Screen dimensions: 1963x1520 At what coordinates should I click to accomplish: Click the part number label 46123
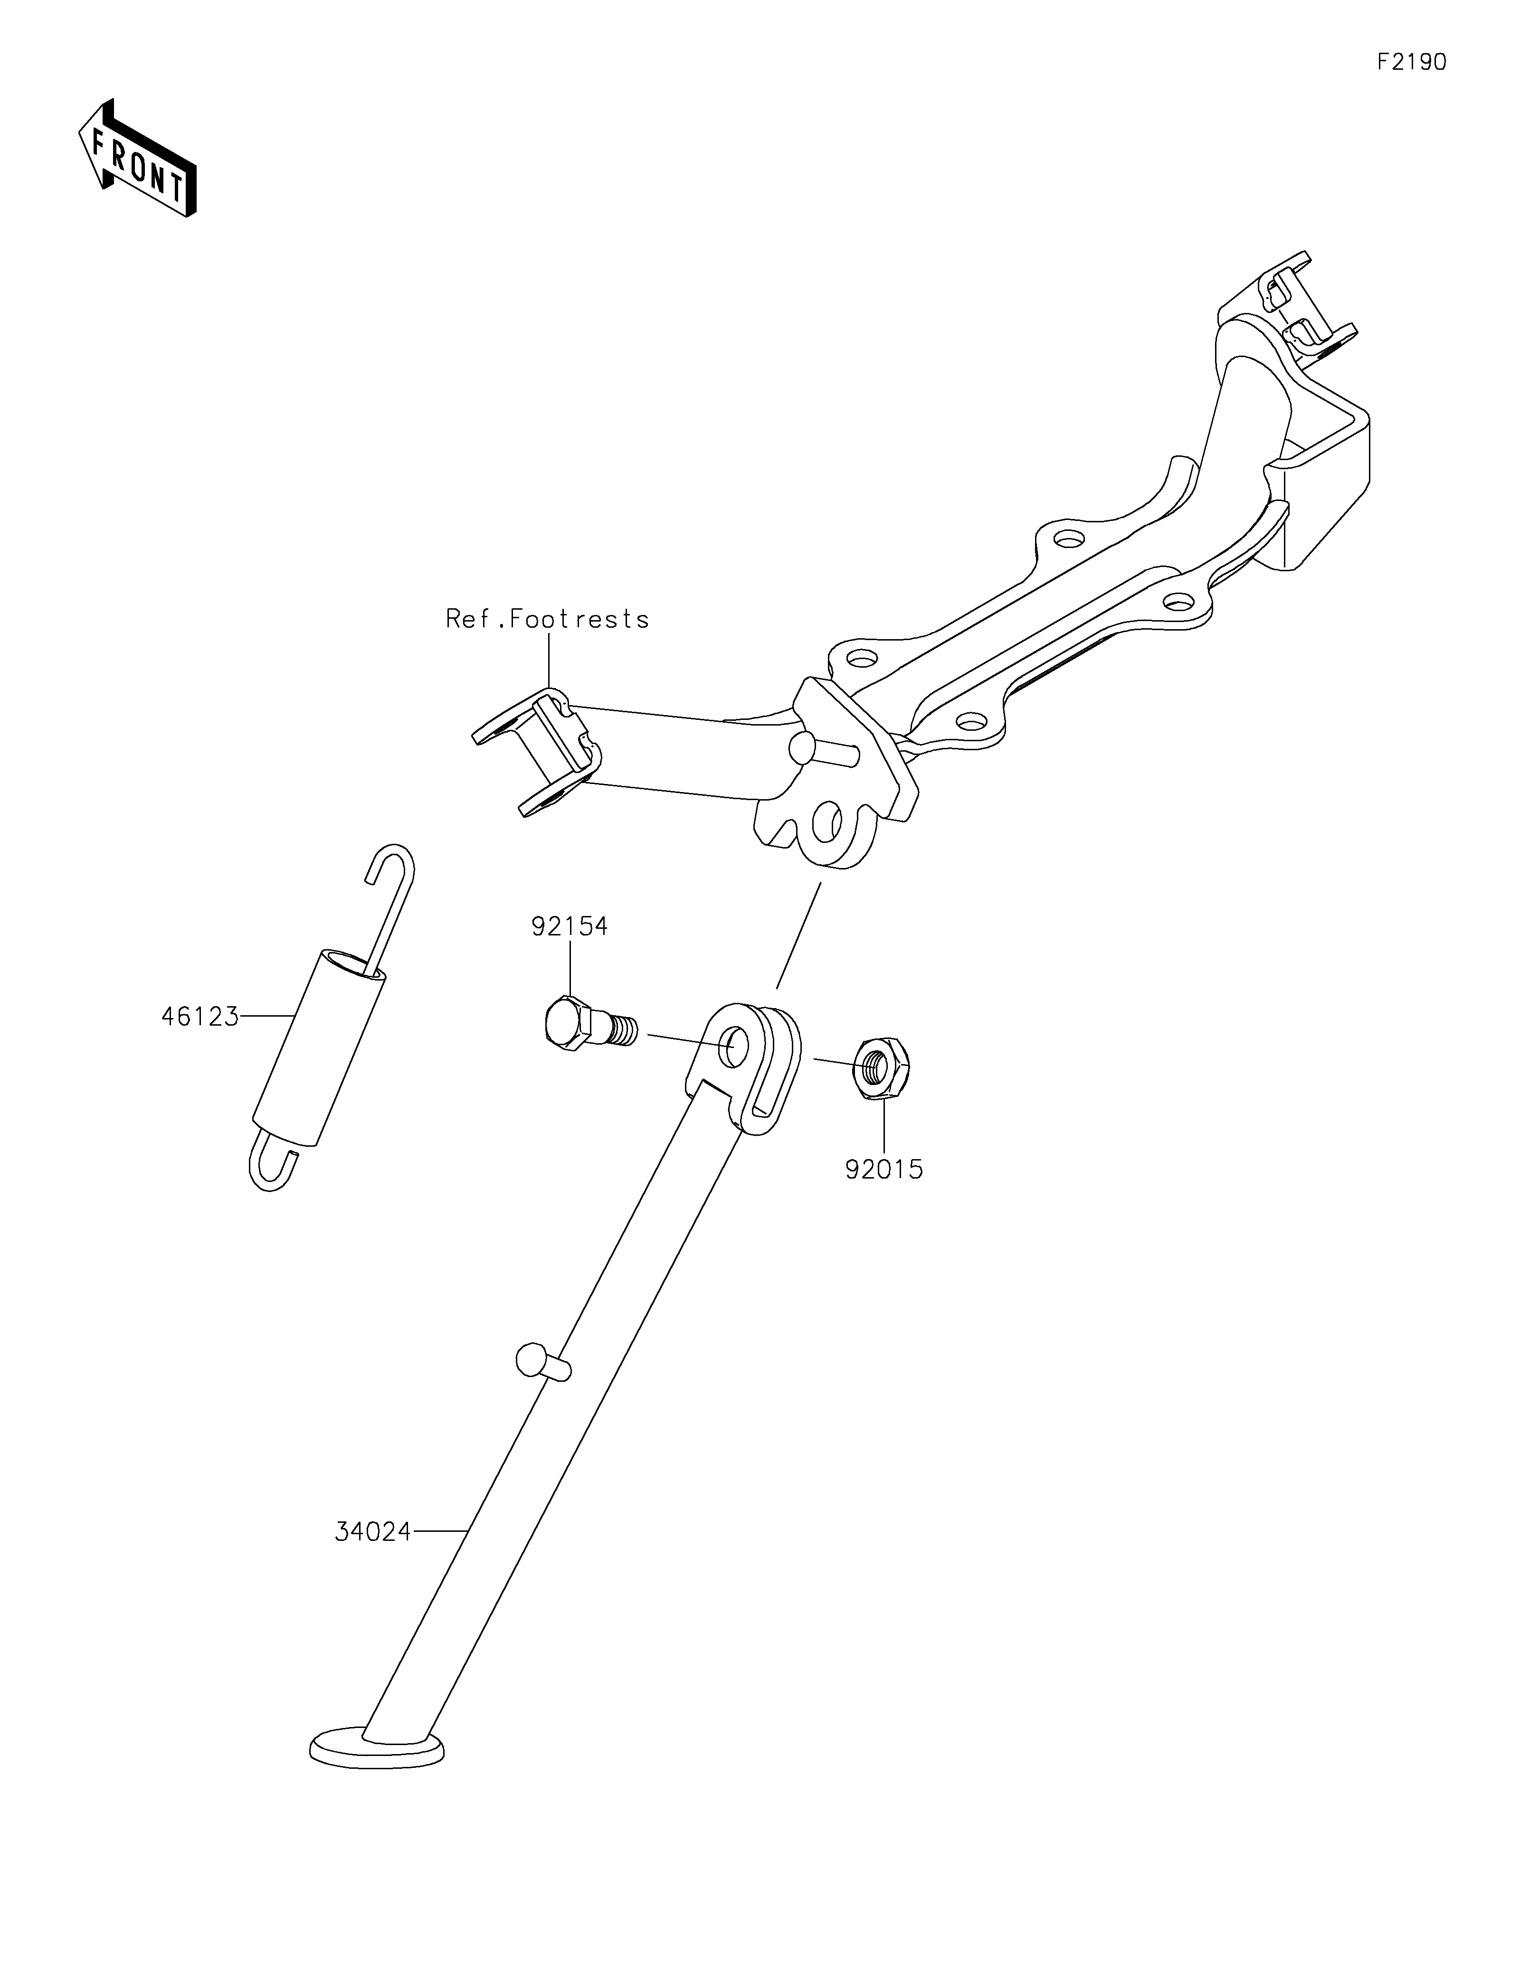(199, 1017)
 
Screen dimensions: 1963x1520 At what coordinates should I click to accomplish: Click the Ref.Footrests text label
(547, 619)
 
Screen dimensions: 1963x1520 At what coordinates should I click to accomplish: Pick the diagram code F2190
(1411, 62)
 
